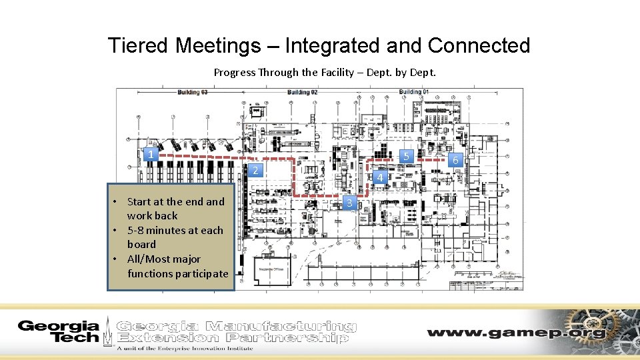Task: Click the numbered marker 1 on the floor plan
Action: [x=151, y=155]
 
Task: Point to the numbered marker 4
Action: [x=379, y=177]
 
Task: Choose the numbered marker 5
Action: [x=406, y=156]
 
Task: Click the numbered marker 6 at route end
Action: [x=455, y=160]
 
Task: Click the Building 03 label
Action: [x=193, y=92]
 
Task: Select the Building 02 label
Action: [x=303, y=92]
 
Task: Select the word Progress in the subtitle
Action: [x=235, y=72]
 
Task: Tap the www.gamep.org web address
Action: [x=516, y=333]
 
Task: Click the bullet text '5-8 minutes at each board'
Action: [x=175, y=237]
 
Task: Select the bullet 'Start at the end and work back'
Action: [x=175, y=208]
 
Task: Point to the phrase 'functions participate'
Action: [x=177, y=273]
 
